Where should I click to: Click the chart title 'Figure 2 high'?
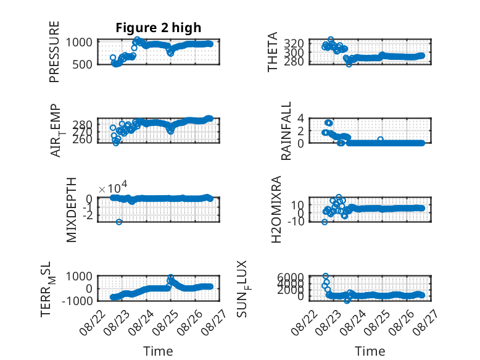(x=159, y=28)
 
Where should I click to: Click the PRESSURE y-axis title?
(x=54, y=52)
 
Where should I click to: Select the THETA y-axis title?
(x=272, y=52)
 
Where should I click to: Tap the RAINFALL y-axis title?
(x=286, y=131)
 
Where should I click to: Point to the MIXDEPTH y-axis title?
(x=72, y=210)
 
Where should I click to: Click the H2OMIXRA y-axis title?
(x=276, y=209)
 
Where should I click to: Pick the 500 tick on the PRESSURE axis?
(x=82, y=65)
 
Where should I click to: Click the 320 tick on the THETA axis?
(x=294, y=43)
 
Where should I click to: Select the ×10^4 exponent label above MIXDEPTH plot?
(x=113, y=188)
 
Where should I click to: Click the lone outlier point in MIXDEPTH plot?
(x=119, y=222)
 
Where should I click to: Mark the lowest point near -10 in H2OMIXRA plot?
(x=325, y=222)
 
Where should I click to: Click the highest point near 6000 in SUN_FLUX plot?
(x=325, y=276)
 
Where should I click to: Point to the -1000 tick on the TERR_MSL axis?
(x=78, y=301)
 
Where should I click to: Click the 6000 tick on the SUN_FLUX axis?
(x=291, y=277)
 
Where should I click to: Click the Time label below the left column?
(x=159, y=351)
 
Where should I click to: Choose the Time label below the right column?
(x=370, y=351)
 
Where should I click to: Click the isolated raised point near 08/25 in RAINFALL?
(x=380, y=140)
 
